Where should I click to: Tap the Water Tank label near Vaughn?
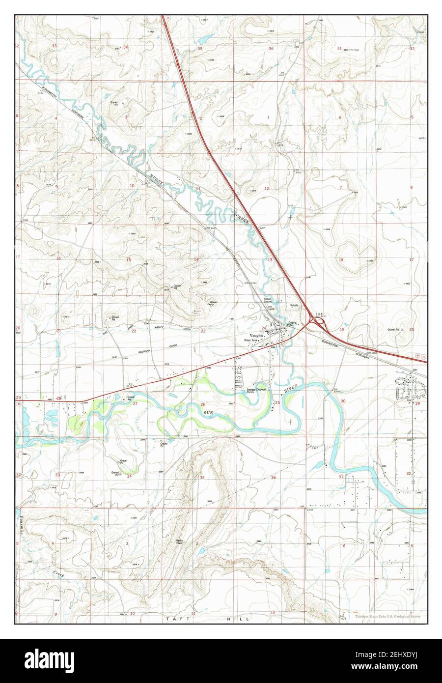pyautogui.click(x=251, y=341)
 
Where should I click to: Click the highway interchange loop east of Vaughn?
pyautogui.click(x=318, y=321)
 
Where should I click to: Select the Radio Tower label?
pyautogui.click(x=180, y=542)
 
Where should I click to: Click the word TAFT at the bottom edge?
pyautogui.click(x=174, y=619)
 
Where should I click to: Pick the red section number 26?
pyautogui.click(x=203, y=404)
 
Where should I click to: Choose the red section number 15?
pyautogui.click(x=129, y=259)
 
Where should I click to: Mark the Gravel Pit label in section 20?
pyautogui.click(x=392, y=330)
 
